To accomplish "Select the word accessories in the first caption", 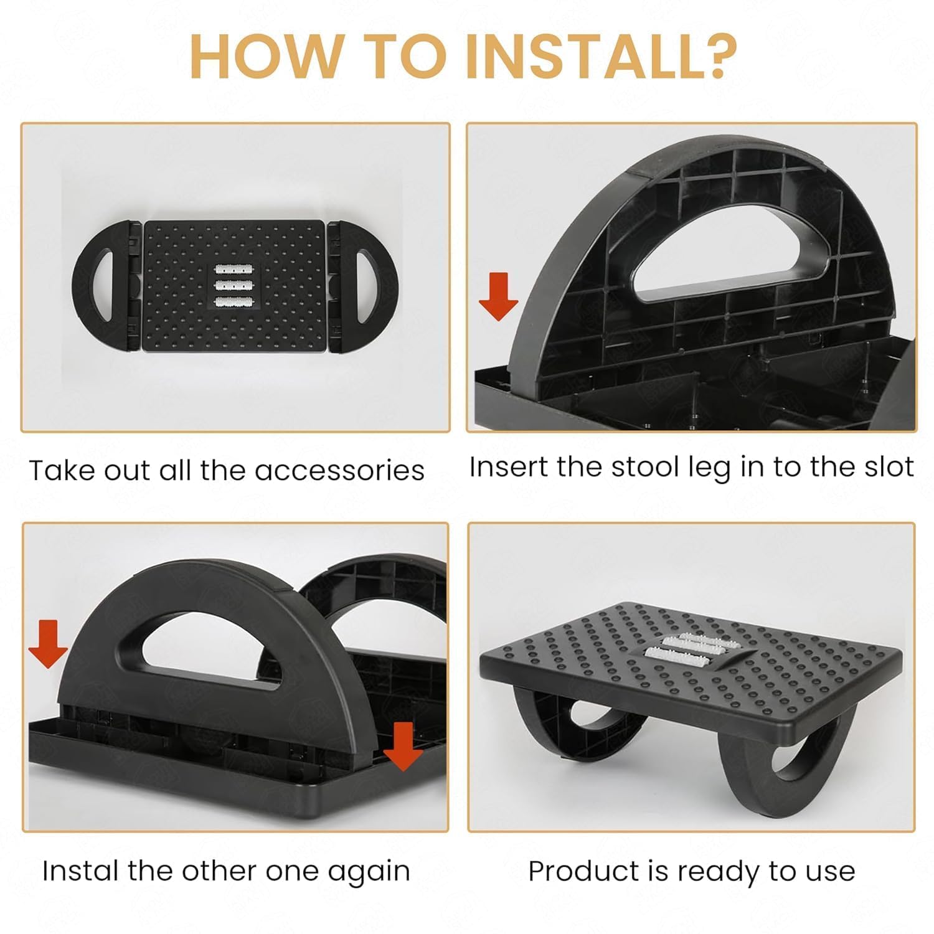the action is coord(340,470).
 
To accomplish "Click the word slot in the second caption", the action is coord(885,467).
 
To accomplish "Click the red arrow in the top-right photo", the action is coord(498,297).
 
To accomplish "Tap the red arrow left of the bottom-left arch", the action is coord(48,644).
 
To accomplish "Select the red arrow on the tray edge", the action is coord(403,746).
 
